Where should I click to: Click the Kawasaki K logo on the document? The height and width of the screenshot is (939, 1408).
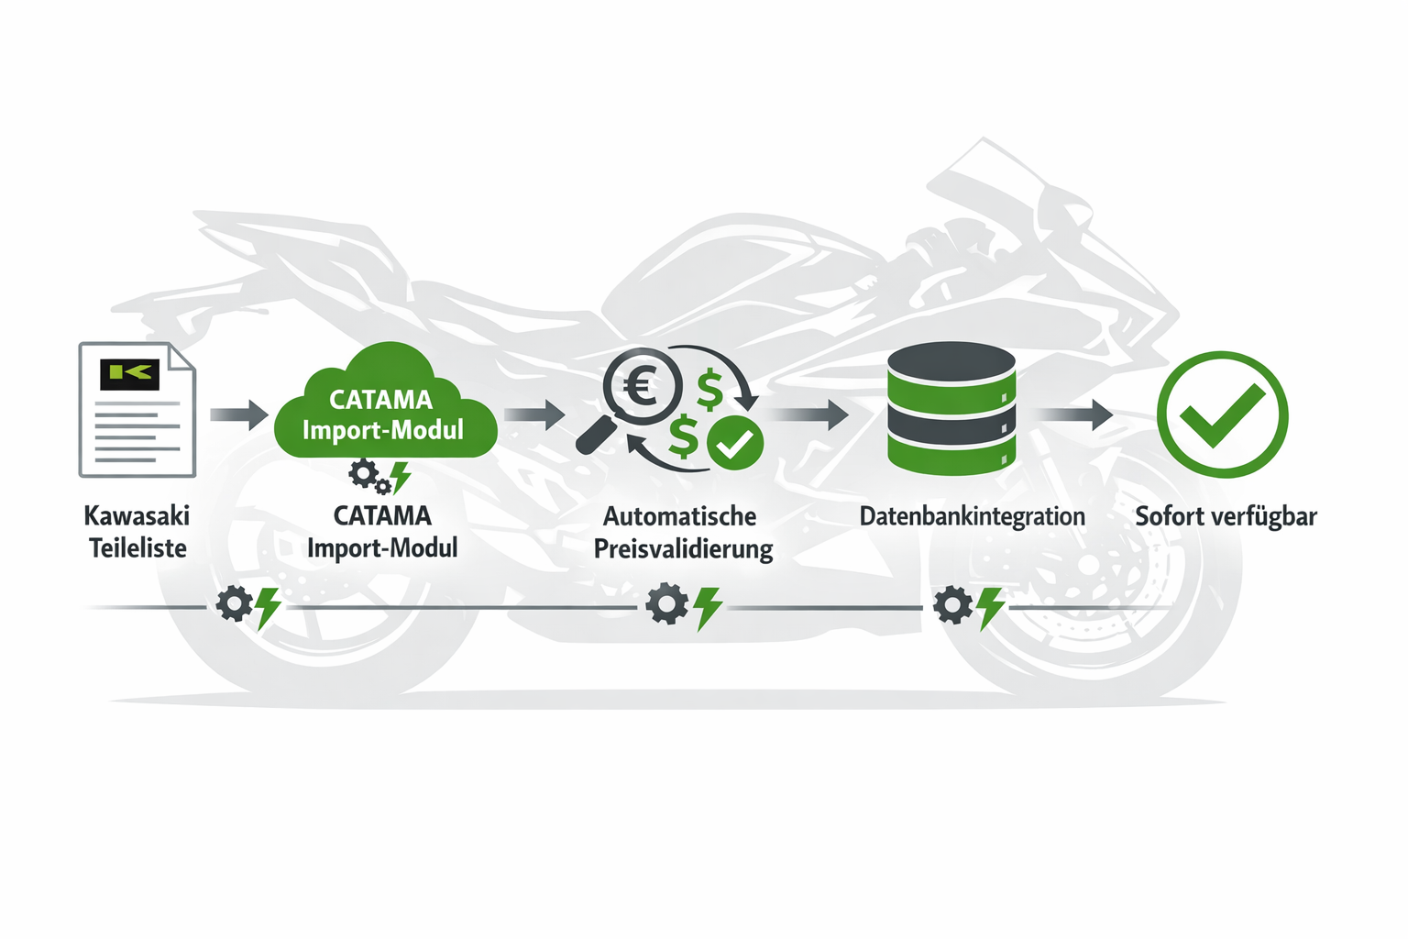pyautogui.click(x=129, y=373)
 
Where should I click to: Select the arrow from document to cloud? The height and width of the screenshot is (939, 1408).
pyautogui.click(x=239, y=414)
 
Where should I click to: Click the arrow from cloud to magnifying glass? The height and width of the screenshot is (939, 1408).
pyautogui.click(x=534, y=414)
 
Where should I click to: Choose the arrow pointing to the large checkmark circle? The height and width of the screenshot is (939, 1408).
pyautogui.click(x=1075, y=414)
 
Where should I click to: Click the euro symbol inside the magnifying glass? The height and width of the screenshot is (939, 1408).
pyautogui.click(x=643, y=386)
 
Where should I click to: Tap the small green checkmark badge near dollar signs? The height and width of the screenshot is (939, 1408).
pyautogui.click(x=734, y=443)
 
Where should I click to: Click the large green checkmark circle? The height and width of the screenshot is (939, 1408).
pyautogui.click(x=1222, y=414)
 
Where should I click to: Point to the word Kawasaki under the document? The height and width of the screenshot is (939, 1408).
pyautogui.click(x=137, y=515)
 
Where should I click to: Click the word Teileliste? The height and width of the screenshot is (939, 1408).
pyautogui.click(x=137, y=548)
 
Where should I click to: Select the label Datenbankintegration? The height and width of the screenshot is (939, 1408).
pyautogui.click(x=972, y=516)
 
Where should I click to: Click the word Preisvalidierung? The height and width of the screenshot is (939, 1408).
pyautogui.click(x=683, y=549)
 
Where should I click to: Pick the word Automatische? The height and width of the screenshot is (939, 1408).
pyautogui.click(x=679, y=516)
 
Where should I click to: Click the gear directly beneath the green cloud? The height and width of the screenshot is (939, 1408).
pyautogui.click(x=364, y=474)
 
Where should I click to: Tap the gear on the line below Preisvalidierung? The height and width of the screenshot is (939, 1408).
pyautogui.click(x=666, y=604)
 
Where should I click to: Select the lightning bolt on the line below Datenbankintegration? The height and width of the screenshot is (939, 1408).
pyautogui.click(x=990, y=608)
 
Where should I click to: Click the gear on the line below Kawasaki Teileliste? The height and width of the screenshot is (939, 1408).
pyautogui.click(x=234, y=604)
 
